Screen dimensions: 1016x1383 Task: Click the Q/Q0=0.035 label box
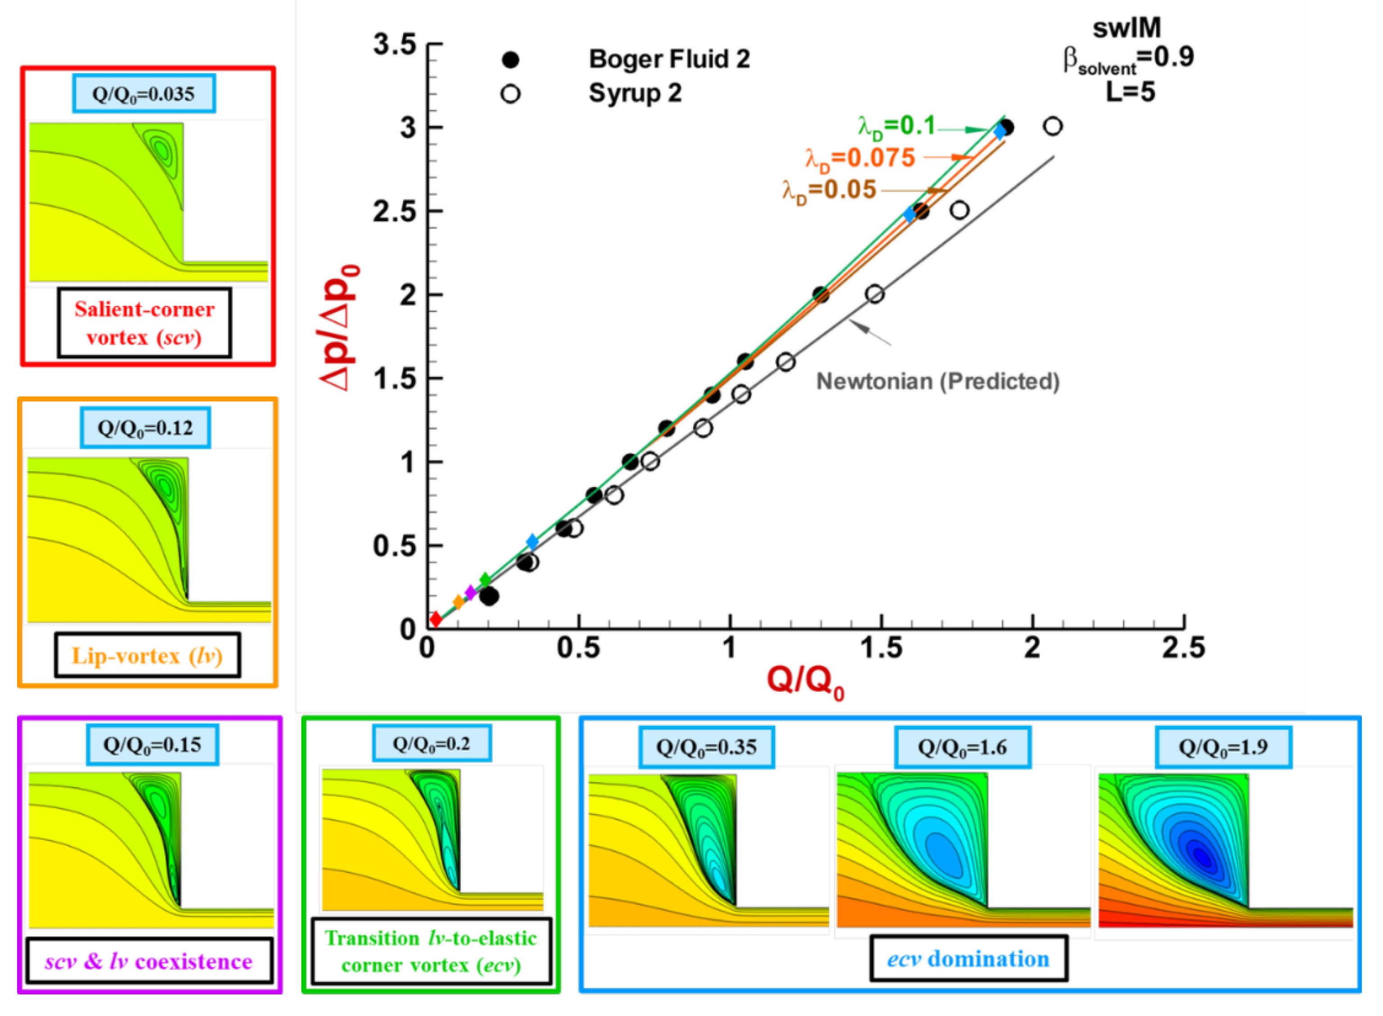point(144,94)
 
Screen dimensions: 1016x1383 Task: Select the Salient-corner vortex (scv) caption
point(144,323)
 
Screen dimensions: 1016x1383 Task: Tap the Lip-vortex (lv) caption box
point(147,656)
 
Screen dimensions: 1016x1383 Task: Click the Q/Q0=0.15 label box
point(152,745)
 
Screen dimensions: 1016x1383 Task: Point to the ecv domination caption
point(968,959)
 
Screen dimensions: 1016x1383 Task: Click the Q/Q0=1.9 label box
point(1222,747)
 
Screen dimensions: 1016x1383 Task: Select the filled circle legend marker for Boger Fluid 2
point(510,60)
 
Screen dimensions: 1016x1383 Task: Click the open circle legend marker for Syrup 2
point(510,94)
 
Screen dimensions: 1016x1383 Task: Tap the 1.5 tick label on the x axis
point(880,649)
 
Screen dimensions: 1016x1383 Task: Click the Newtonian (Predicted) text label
point(938,381)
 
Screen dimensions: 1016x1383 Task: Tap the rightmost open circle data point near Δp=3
point(1053,126)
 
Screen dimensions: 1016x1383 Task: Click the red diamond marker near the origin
point(436,619)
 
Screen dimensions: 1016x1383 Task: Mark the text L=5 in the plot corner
point(1130,92)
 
